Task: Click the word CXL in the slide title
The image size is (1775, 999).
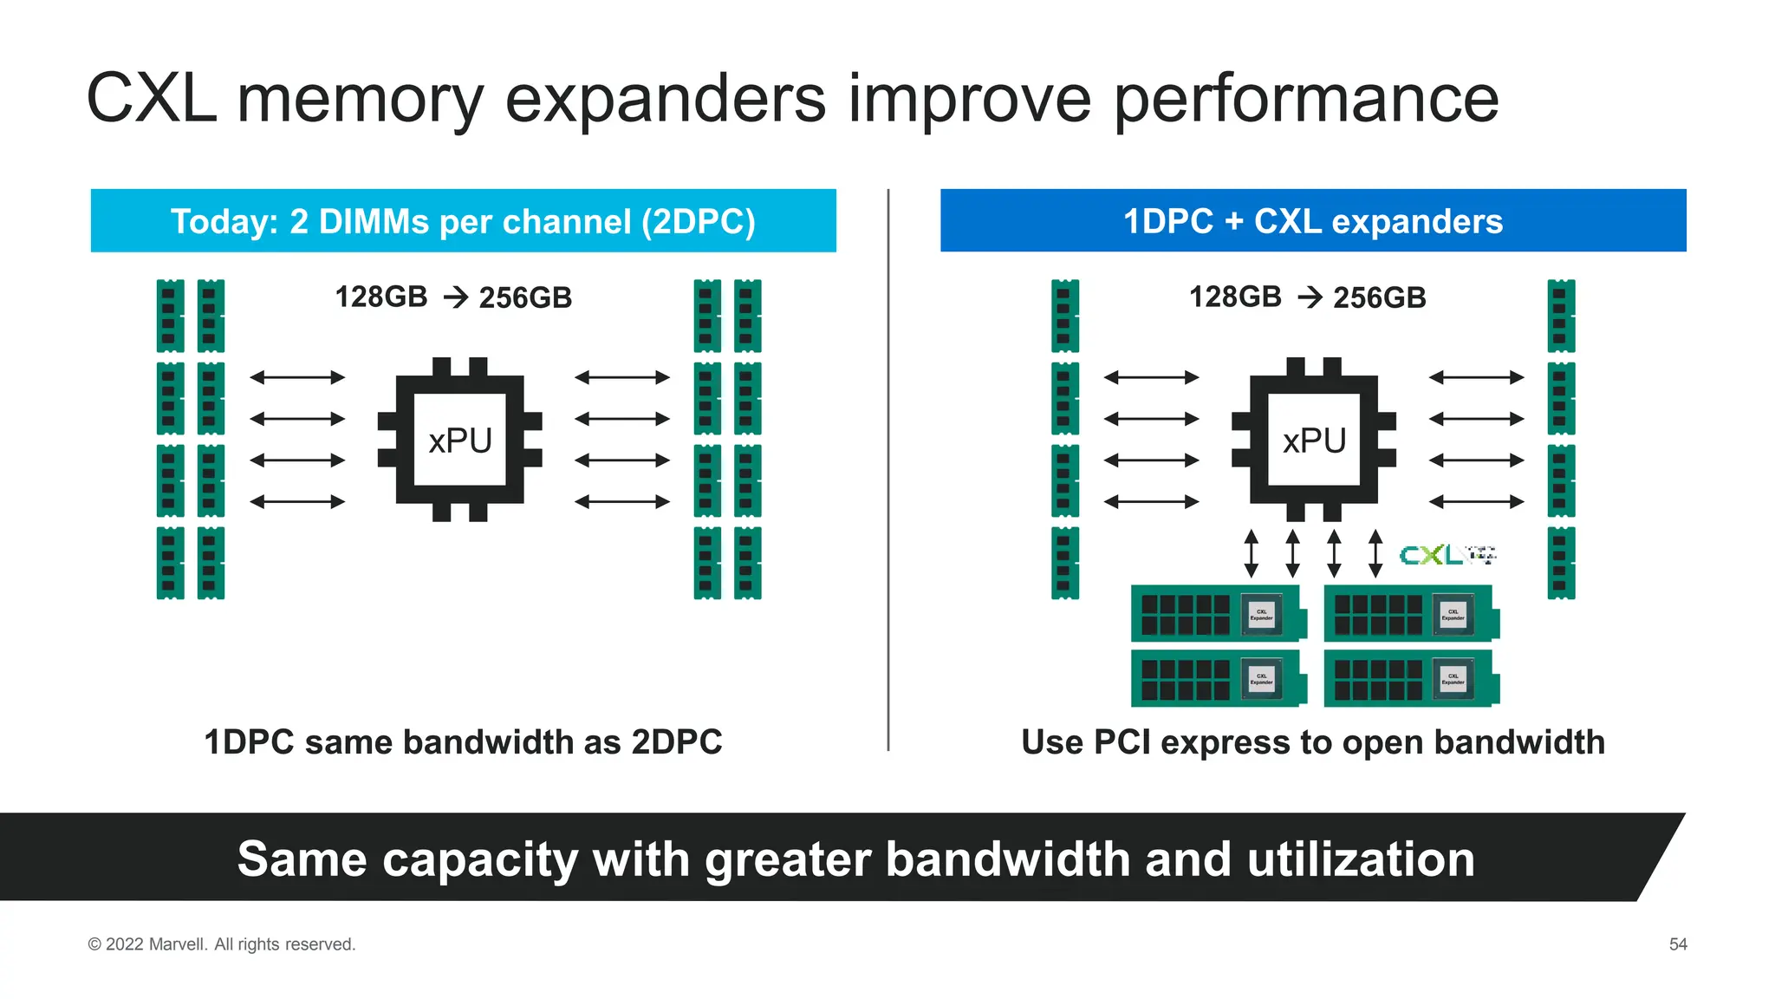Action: (x=151, y=99)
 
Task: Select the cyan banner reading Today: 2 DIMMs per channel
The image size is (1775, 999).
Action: (x=463, y=221)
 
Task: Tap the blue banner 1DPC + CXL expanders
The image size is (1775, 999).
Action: (x=1312, y=221)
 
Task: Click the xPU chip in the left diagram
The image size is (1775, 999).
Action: (x=460, y=440)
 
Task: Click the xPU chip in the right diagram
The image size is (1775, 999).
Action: (x=1314, y=440)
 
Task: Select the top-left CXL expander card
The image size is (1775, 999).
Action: (x=1217, y=613)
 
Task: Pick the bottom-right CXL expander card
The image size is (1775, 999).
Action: (x=1410, y=678)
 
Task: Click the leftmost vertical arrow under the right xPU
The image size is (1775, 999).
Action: (x=1251, y=553)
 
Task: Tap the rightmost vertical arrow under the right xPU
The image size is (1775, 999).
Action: (x=1375, y=553)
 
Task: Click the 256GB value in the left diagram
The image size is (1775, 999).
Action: (x=525, y=297)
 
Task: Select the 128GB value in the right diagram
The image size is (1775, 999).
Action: (x=1234, y=297)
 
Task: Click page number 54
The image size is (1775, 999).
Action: (x=1678, y=943)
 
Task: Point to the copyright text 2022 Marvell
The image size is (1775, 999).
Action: (x=222, y=943)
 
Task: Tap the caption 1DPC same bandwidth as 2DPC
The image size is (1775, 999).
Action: (x=463, y=742)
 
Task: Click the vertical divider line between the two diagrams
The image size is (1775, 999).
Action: (x=888, y=468)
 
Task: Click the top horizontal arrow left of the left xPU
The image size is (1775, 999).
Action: (x=297, y=377)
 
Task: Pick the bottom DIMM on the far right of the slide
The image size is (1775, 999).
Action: (x=1561, y=563)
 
